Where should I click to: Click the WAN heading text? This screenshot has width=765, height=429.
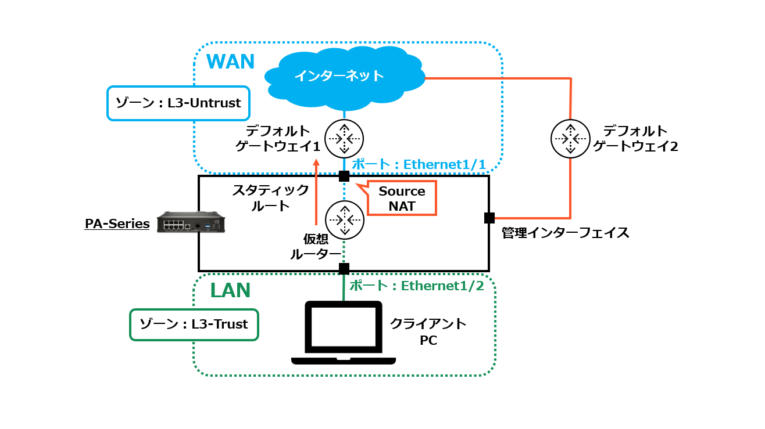[x=231, y=62]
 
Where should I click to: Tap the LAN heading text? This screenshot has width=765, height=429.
[x=230, y=290]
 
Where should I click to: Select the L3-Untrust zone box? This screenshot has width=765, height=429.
[x=178, y=103]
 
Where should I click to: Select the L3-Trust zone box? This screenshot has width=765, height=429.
[x=194, y=325]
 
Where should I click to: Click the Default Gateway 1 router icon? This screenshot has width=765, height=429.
[x=344, y=138]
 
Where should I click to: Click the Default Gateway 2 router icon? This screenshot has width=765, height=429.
[x=570, y=138]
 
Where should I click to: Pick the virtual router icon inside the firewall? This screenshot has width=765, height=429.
[x=344, y=219]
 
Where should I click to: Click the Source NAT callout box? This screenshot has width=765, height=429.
[x=402, y=199]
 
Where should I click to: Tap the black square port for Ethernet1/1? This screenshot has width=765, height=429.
[x=344, y=176]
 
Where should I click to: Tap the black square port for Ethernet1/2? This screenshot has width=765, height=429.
[x=344, y=269]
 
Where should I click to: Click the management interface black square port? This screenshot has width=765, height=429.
[x=489, y=218]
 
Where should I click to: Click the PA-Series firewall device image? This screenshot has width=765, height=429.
[x=191, y=222]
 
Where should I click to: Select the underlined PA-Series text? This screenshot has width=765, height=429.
[x=117, y=223]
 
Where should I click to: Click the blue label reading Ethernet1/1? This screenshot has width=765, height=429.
[x=419, y=164]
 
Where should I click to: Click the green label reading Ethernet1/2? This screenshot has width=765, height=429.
[x=416, y=286]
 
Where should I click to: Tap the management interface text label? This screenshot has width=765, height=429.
[x=565, y=233]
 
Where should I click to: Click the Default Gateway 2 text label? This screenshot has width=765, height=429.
[x=635, y=138]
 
